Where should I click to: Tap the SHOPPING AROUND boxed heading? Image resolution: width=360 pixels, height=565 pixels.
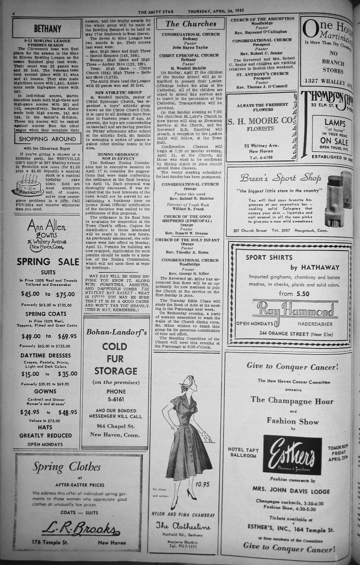coord(47,139)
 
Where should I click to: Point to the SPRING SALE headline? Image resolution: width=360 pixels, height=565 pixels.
coord(48,262)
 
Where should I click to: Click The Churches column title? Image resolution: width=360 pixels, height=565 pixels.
coord(191,24)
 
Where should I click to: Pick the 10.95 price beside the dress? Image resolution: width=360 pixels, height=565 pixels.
coord(202,484)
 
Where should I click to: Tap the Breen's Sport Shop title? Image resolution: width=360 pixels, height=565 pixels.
coord(281,178)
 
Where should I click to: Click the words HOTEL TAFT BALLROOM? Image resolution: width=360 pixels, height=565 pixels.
coord(243,452)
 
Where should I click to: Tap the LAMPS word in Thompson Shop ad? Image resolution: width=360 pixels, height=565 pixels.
coord(335,123)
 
